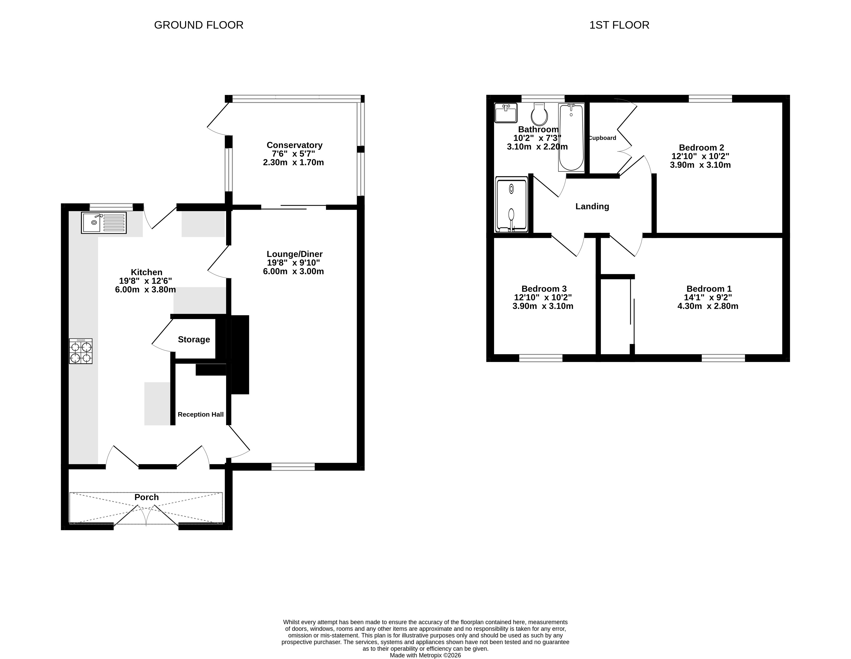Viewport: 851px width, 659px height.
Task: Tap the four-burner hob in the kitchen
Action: tap(81, 351)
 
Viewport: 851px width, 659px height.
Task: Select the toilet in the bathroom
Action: tap(539, 114)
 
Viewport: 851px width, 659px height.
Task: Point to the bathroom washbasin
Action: tap(506, 113)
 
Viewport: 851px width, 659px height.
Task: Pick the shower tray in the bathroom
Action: tap(512, 205)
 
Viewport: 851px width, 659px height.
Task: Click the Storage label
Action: tap(194, 339)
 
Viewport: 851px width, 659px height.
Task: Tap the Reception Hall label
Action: tap(201, 414)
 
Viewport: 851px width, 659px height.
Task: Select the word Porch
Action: tap(147, 497)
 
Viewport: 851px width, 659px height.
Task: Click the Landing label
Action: tap(592, 206)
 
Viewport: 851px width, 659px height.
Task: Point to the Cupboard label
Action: tap(603, 138)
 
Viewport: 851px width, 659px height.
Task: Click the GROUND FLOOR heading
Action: tap(199, 25)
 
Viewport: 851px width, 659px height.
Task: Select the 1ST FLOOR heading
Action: tap(619, 25)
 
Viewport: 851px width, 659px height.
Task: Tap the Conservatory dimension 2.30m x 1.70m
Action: tap(293, 163)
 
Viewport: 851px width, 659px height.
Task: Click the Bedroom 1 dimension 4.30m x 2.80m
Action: tap(708, 306)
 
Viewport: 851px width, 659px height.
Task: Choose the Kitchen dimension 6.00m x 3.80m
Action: tap(145, 290)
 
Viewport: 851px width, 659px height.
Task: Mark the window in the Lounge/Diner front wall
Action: tap(293, 467)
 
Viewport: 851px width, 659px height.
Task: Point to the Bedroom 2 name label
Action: tap(701, 148)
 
